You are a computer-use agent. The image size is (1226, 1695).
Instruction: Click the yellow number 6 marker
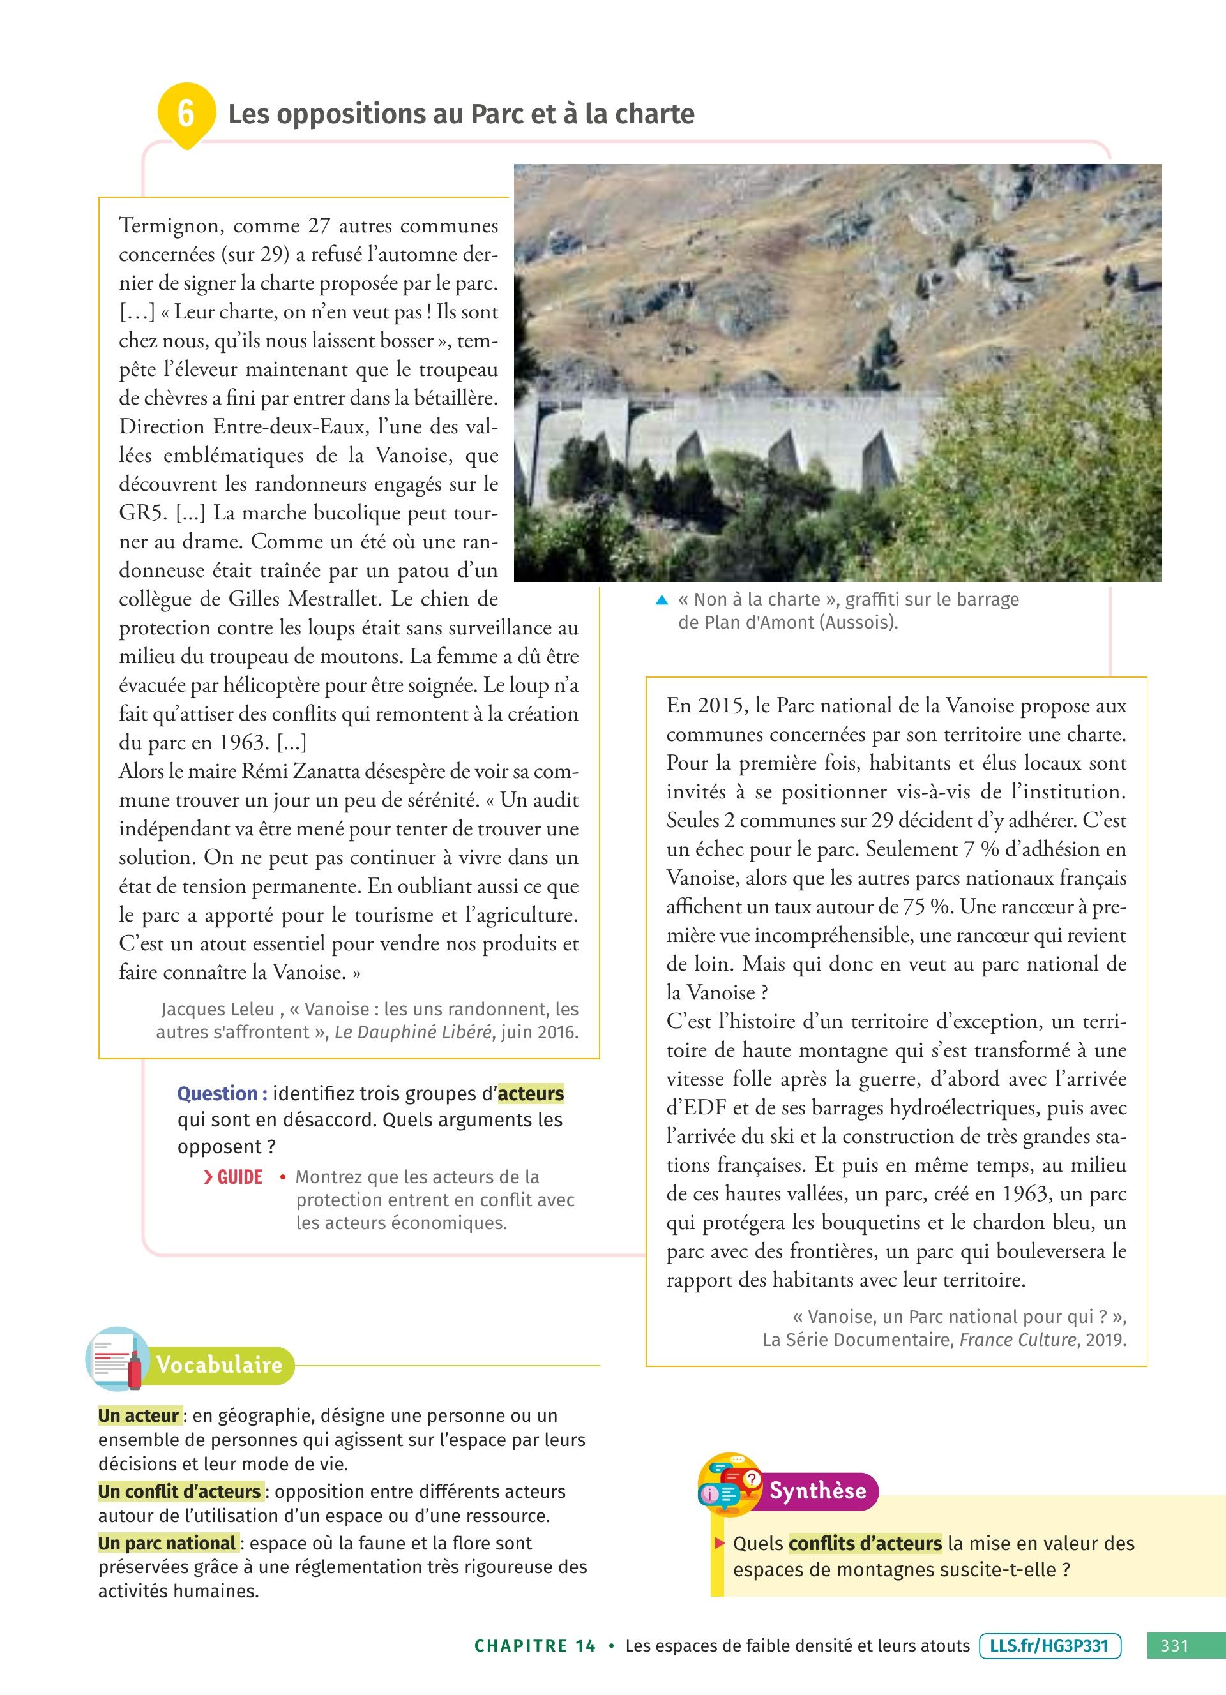(185, 113)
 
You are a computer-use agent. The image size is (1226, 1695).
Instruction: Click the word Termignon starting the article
(170, 226)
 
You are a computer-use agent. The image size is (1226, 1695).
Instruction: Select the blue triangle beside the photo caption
(662, 600)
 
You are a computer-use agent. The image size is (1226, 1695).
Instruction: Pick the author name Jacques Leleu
(218, 1009)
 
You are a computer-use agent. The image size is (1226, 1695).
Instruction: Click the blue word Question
(222, 1093)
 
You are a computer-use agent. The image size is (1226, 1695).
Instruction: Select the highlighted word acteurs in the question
(531, 1093)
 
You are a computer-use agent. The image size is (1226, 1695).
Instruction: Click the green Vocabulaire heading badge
(220, 1364)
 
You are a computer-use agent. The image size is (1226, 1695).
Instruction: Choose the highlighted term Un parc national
(167, 1543)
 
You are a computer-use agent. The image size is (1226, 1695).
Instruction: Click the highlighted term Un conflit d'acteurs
(179, 1491)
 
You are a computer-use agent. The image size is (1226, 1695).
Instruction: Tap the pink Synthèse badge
(818, 1491)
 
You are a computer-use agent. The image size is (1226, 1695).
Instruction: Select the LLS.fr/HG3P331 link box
(1050, 1645)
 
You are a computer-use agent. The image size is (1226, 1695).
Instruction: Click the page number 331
(1174, 1645)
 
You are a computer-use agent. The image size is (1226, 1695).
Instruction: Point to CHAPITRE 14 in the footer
(535, 1646)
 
